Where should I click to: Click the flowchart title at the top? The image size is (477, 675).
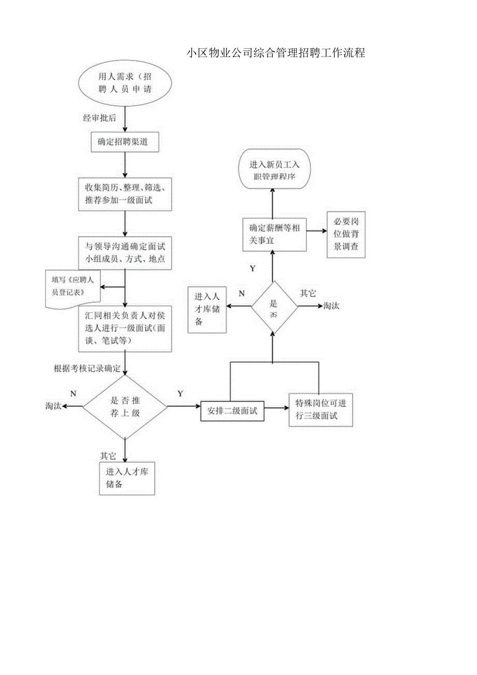276,53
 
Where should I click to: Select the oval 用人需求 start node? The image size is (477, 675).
125,83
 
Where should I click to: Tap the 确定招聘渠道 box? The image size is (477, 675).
125,142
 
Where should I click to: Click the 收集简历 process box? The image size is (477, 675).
125,194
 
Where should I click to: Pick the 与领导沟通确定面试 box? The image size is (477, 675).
125,253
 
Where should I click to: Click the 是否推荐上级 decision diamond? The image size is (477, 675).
125,407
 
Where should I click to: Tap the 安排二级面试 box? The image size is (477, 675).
232,411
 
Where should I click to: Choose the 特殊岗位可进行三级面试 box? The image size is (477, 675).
320,409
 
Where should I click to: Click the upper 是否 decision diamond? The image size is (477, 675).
274,307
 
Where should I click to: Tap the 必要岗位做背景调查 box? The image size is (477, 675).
346,235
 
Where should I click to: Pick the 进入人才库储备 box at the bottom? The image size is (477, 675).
127,478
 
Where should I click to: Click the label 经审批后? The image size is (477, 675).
100,117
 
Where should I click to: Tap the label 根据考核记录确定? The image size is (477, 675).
87,369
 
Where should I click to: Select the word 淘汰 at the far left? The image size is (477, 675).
53,406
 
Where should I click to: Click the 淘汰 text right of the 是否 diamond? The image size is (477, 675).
331,306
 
